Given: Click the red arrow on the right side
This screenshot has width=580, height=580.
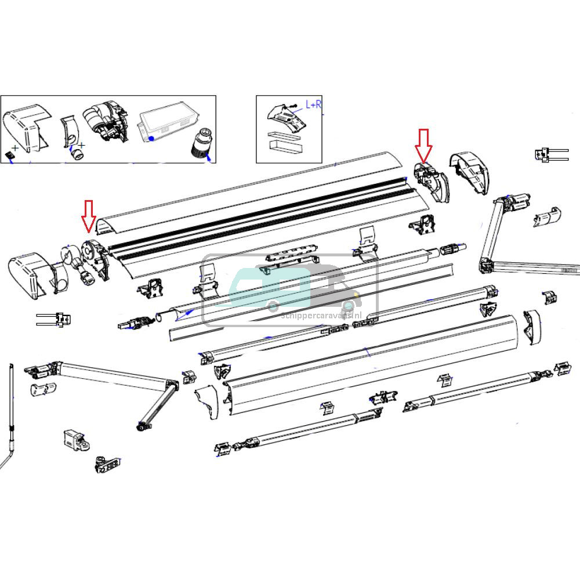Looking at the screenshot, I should click(x=423, y=145).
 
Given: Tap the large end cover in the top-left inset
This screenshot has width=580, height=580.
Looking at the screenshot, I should click(x=26, y=128).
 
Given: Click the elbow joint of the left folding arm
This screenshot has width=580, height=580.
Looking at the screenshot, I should click(x=172, y=385).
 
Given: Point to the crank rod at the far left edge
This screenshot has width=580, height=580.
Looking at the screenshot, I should click(x=12, y=418).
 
